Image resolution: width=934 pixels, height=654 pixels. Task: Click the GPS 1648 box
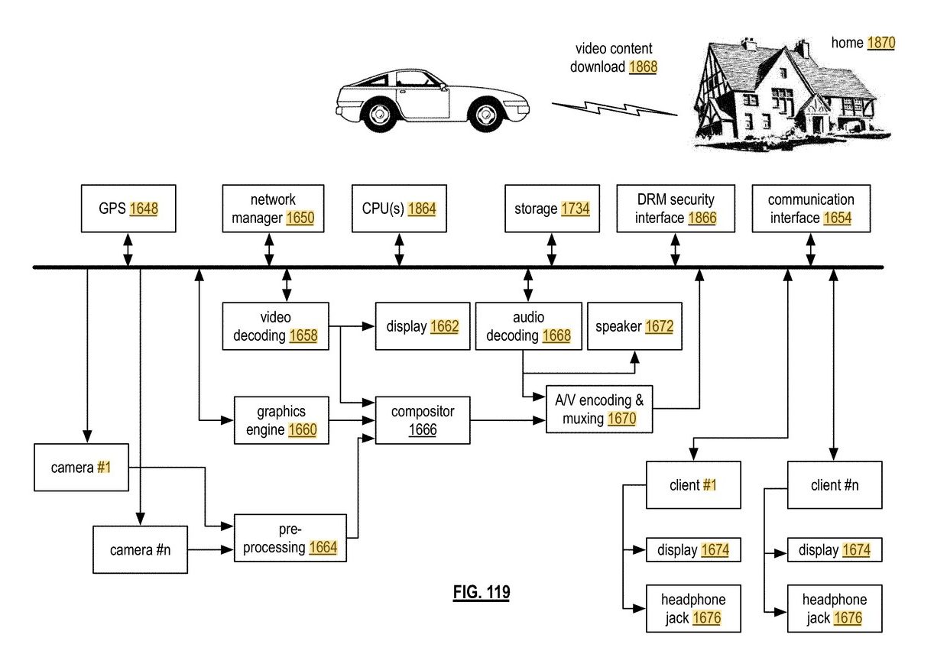(x=128, y=209)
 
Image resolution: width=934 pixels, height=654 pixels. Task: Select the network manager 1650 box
(x=273, y=209)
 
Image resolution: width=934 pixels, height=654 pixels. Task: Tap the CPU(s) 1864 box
(x=399, y=209)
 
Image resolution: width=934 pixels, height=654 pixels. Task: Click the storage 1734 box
(x=552, y=209)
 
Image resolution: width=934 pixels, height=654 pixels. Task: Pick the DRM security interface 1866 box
(x=676, y=209)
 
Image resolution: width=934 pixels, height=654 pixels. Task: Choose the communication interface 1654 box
(x=811, y=209)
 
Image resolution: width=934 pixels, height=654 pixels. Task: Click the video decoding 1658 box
(x=276, y=326)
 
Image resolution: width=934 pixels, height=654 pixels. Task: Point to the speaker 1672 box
(x=634, y=326)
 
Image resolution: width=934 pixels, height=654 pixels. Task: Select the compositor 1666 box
(x=423, y=420)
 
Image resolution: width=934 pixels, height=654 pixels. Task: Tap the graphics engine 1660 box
(x=281, y=420)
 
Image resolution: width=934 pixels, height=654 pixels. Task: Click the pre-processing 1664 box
(x=290, y=538)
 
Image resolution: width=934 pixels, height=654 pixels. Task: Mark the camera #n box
(x=140, y=549)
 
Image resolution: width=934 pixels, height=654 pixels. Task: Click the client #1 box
(x=693, y=484)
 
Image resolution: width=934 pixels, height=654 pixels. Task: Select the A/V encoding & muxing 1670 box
(x=599, y=409)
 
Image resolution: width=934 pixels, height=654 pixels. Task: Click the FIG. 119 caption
(x=482, y=592)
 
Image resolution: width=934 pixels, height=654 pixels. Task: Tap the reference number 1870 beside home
(x=881, y=43)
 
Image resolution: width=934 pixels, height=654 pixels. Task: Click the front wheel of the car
(x=485, y=114)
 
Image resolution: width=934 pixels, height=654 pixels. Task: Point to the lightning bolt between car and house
(x=615, y=108)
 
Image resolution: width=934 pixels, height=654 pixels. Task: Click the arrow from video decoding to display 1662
(x=352, y=326)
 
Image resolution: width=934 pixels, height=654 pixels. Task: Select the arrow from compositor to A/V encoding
(x=508, y=420)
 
